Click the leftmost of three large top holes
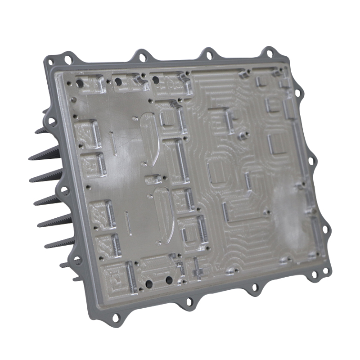coord(80,83)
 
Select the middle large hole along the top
coord(118,82)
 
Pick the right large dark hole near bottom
coord(169,280)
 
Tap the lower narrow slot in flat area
coord(128,223)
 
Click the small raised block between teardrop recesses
coord(153,179)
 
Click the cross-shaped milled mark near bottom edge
coord(197,269)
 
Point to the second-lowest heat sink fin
coord(47,245)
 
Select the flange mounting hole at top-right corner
coord(270,54)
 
